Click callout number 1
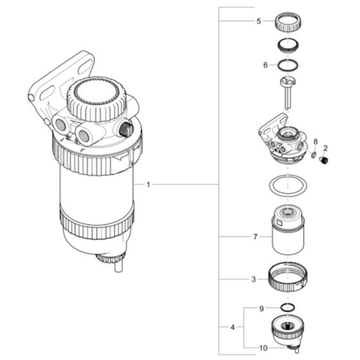[x=148, y=185]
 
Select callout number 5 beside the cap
[x=258, y=21]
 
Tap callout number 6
[x=265, y=65]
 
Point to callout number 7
[x=255, y=237]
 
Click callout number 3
[x=254, y=280]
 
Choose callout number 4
[x=233, y=328]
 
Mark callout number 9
[x=261, y=309]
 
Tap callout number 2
[x=325, y=147]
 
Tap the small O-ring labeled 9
[x=288, y=309]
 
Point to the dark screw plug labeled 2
[x=325, y=159]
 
